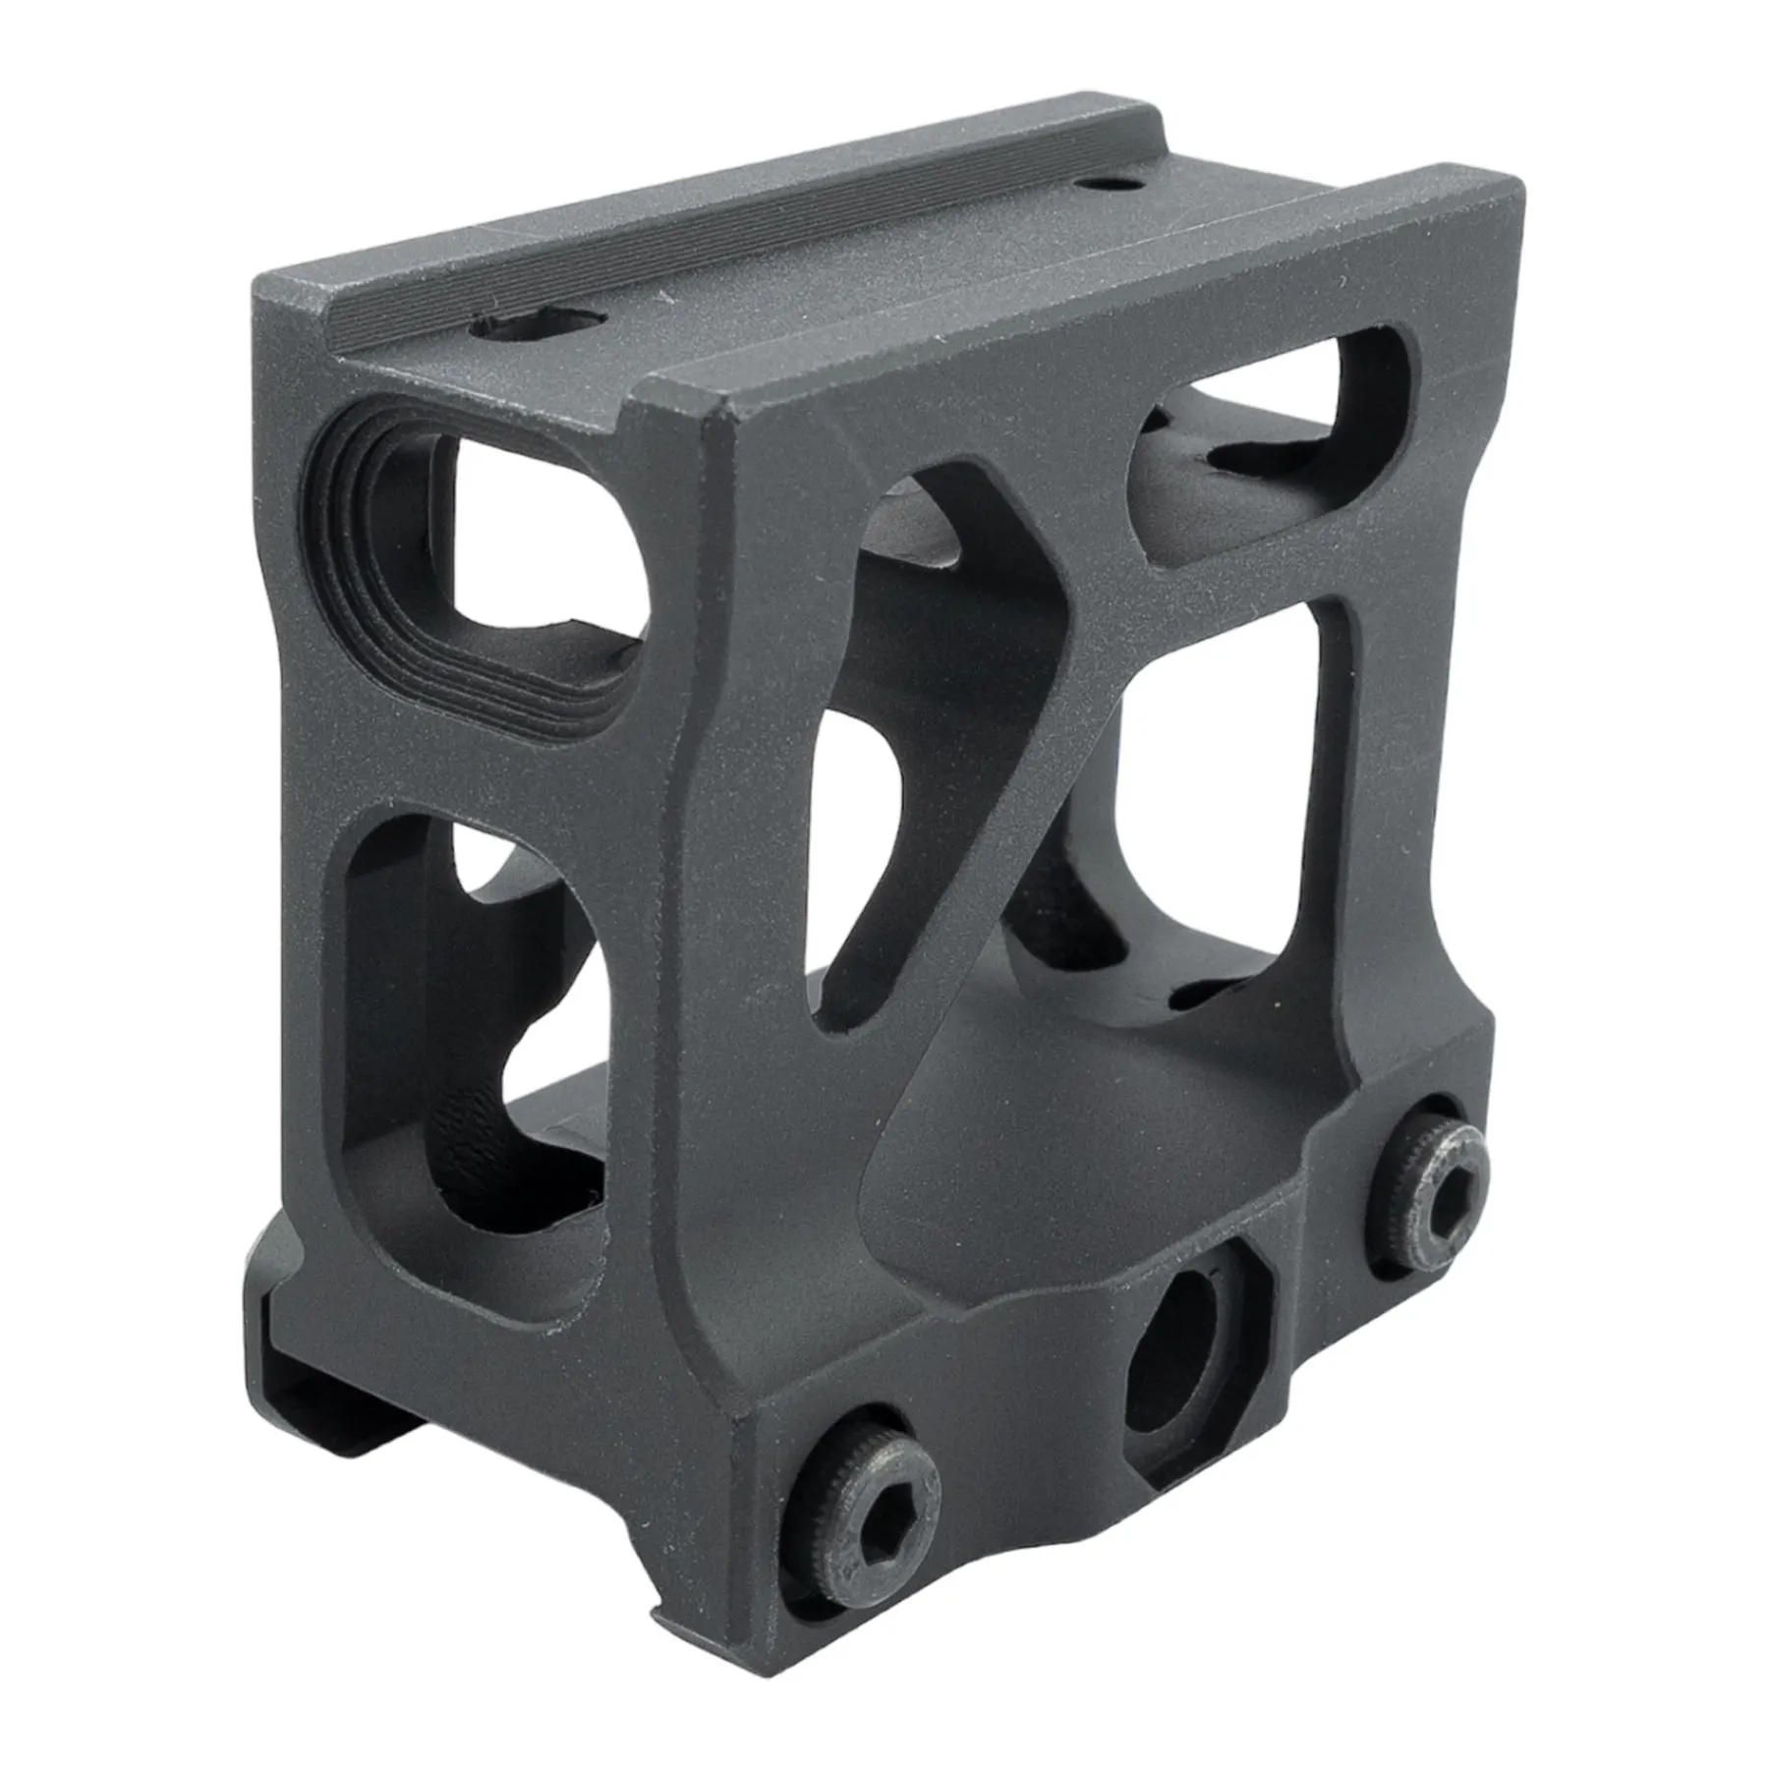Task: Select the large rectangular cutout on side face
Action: pos(1228,786)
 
